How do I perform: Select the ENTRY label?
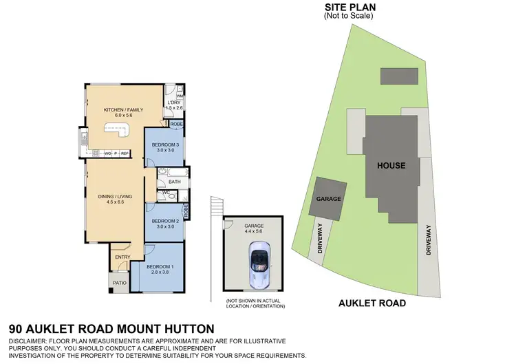(122, 257)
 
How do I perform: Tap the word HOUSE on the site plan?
(390, 166)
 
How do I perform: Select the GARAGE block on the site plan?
(330, 198)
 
